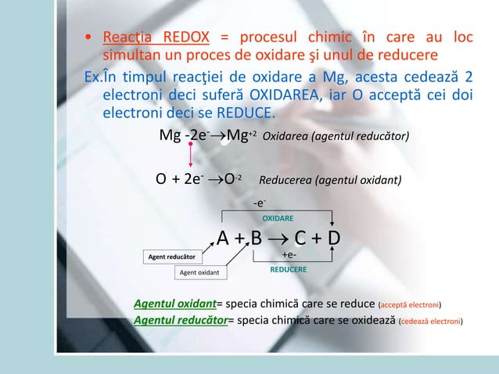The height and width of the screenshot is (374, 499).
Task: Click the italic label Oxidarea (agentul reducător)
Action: pyautogui.click(x=336, y=137)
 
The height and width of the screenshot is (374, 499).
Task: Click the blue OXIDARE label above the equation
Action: pyautogui.click(x=278, y=218)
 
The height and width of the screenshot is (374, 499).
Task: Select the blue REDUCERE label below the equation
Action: pyautogui.click(x=289, y=268)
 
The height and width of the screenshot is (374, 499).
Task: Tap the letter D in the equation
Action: pyautogui.click(x=333, y=238)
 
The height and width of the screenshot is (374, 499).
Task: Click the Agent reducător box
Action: pyautogui.click(x=172, y=257)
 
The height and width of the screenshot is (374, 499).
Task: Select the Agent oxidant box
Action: pyautogui.click(x=199, y=272)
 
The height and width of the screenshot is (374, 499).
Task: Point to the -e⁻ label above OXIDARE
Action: pyautogui.click(x=259, y=203)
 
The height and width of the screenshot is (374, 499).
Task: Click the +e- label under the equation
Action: pyautogui.click(x=289, y=255)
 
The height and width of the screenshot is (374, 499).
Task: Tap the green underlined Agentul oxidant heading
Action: pyautogui.click(x=174, y=304)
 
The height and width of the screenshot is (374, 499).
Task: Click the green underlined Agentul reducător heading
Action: pyautogui.click(x=180, y=320)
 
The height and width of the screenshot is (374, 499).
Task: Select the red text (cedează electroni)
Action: pyautogui.click(x=430, y=321)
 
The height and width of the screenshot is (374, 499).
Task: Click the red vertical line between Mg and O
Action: pyautogui.click(x=190, y=154)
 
